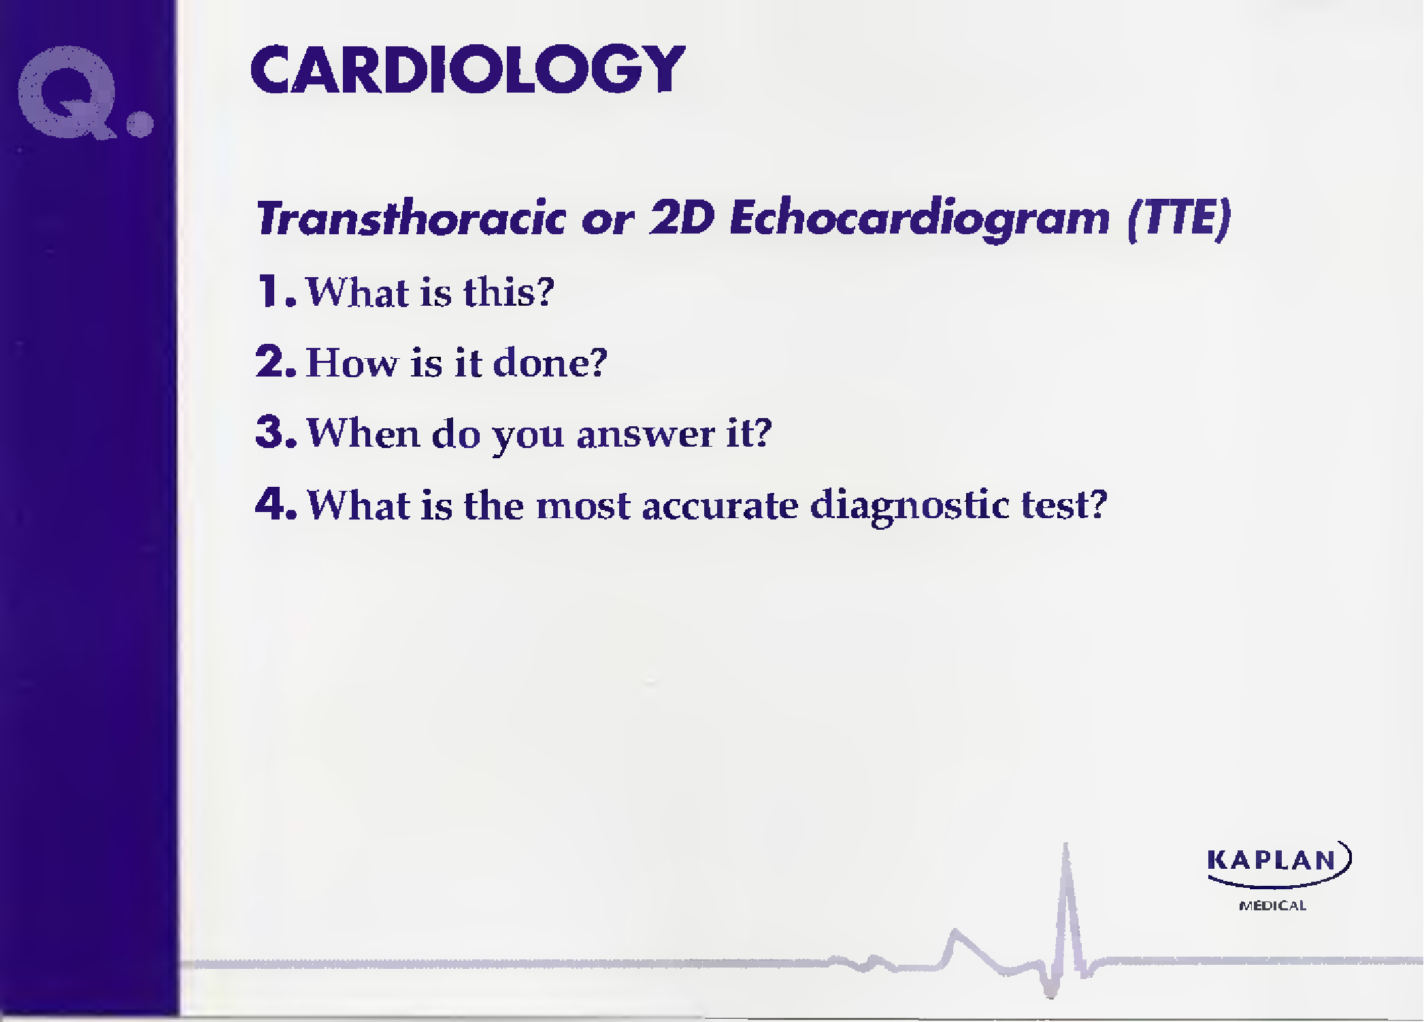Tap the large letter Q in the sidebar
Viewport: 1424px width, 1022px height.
[x=67, y=92]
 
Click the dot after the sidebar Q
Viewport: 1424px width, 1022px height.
[x=140, y=124]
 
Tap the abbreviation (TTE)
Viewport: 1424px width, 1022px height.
[x=1179, y=219]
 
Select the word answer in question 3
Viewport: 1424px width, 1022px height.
[x=646, y=434]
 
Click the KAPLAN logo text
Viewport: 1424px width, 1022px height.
[x=1272, y=860]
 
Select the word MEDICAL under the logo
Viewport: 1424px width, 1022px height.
[x=1272, y=906]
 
